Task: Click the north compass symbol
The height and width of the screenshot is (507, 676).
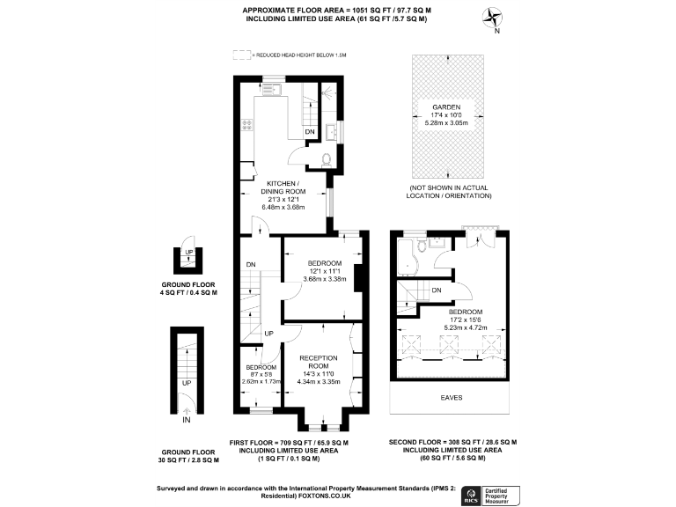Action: click(x=493, y=18)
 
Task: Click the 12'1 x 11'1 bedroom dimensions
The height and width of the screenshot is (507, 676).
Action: click(x=326, y=271)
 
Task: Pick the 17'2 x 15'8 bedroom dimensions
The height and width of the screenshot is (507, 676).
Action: click(x=465, y=320)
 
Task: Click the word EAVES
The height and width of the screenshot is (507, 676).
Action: click(x=452, y=398)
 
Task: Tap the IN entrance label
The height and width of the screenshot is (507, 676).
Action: click(x=187, y=421)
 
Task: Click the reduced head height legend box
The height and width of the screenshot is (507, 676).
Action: click(x=242, y=55)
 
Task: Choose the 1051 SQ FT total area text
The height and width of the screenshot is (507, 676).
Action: click(x=334, y=10)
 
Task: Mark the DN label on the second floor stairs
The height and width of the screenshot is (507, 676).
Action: click(x=436, y=290)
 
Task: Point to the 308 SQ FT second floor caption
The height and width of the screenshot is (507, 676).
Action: click(x=452, y=442)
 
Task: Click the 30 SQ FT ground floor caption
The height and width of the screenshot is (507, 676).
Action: click(x=187, y=459)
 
